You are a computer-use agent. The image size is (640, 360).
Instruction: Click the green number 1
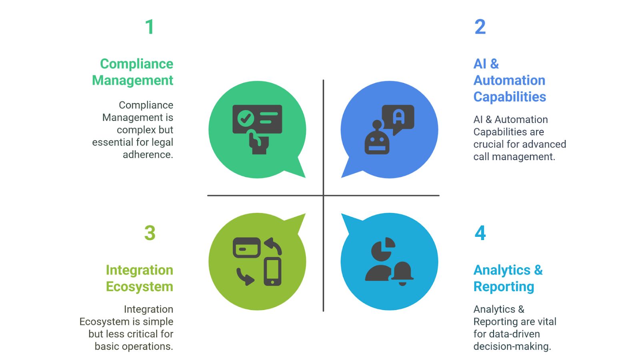(150, 27)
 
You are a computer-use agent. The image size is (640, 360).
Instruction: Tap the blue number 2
(480, 27)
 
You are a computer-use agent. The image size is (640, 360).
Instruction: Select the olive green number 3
(150, 233)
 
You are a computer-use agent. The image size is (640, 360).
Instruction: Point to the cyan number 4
(480, 233)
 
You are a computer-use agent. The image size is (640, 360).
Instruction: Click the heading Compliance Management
(133, 72)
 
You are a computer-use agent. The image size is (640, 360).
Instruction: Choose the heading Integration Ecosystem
(139, 278)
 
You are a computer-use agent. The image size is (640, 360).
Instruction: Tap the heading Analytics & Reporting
(508, 278)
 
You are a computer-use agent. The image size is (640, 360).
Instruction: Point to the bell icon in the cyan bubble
(402, 273)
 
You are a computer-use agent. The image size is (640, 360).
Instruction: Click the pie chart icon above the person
(383, 249)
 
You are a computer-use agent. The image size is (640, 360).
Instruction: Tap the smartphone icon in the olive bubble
(272, 272)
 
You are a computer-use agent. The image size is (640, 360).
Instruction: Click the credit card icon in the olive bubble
(247, 248)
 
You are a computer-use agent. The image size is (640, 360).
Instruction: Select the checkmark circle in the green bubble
(245, 118)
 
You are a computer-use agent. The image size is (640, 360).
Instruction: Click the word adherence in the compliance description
(148, 155)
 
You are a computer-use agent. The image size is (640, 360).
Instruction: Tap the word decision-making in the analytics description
(512, 346)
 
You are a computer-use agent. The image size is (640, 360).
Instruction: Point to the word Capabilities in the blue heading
(510, 97)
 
